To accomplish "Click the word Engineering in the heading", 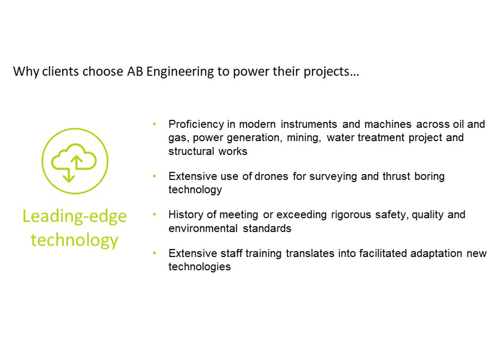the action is point(180,72).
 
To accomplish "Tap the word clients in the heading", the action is point(60,72).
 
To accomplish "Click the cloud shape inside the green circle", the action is point(74,157).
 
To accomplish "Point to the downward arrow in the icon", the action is point(69,175).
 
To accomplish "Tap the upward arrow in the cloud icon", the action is point(76,162).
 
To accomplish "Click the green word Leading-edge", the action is point(74,217).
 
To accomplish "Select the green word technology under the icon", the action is point(74,241).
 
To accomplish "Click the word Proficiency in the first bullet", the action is point(196,124).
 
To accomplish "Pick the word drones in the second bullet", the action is point(271,177).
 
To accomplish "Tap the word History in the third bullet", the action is point(186,215).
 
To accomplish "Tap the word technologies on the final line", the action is point(200,267).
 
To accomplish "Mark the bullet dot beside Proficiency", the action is point(154,124).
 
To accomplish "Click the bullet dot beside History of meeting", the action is point(154,215).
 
